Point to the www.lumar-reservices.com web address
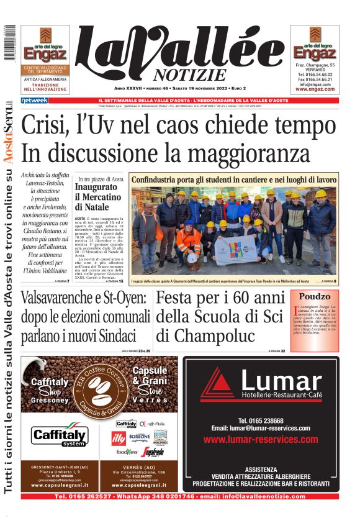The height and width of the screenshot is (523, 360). pyautogui.click(x=256, y=439)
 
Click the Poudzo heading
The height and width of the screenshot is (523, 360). pyautogui.click(x=314, y=296)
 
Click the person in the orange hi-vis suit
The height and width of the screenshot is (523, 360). pyautogui.click(x=189, y=241)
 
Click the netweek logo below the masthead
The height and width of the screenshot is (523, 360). pyautogui.click(x=35, y=100)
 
